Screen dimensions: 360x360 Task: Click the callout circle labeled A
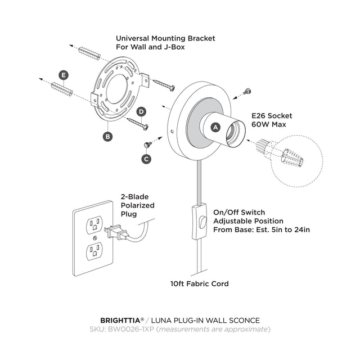[x=214, y=128]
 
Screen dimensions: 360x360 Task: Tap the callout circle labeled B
[x=107, y=136]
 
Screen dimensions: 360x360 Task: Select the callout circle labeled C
[x=147, y=159]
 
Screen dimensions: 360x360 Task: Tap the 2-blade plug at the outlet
[x=117, y=232]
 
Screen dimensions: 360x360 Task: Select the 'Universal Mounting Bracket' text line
[x=165, y=38]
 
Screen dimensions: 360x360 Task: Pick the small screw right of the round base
[x=246, y=91]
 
